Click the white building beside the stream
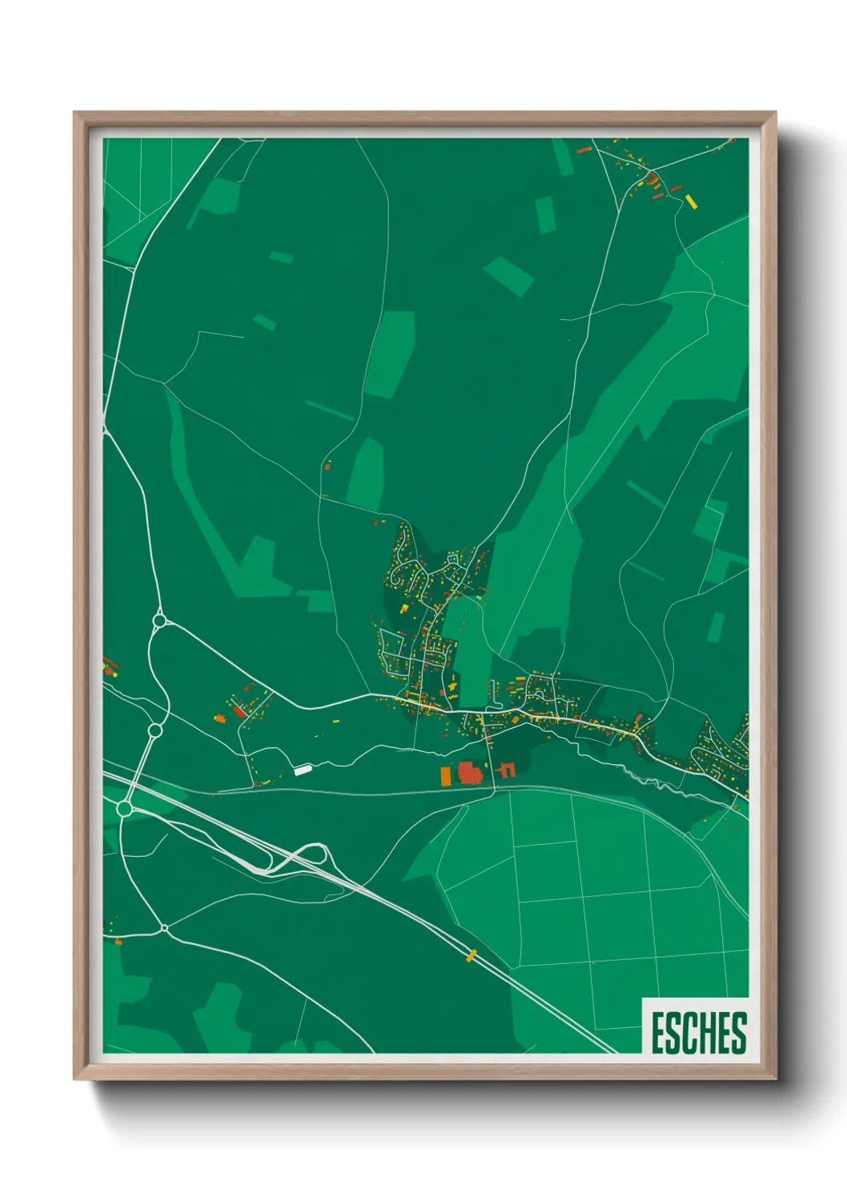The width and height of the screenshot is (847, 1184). point(303,770)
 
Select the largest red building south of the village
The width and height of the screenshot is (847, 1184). point(469,773)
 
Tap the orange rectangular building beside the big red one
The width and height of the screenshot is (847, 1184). point(446,775)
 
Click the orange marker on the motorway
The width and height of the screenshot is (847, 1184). point(472,954)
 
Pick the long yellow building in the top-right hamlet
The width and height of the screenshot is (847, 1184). point(692,201)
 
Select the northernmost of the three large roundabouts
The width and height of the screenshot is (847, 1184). point(159,620)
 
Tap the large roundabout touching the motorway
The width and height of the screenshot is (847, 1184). point(124,809)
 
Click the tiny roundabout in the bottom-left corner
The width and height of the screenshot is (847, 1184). point(164,929)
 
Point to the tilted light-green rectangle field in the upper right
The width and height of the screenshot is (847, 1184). point(508,276)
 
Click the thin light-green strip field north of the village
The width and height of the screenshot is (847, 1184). point(329,410)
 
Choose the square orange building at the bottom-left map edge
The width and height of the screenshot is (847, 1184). point(118,942)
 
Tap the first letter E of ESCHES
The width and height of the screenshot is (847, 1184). point(657,1033)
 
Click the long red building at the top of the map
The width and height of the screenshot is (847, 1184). point(584,150)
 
